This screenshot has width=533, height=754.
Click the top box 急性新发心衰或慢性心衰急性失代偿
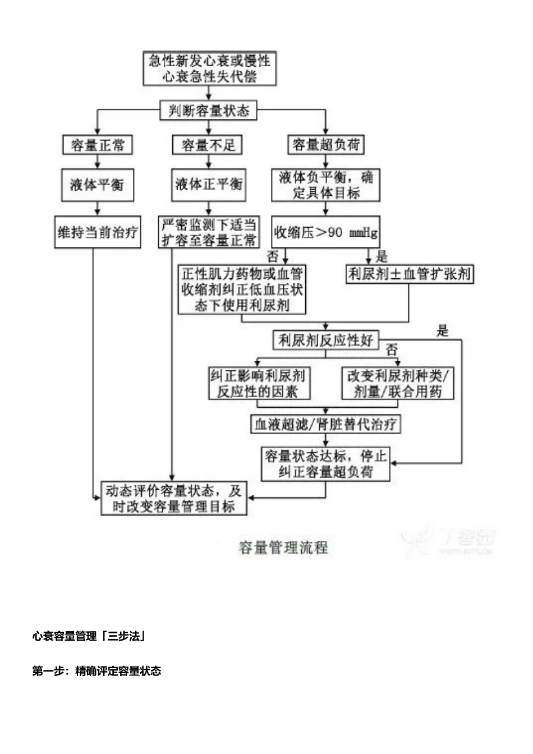coord(209,68)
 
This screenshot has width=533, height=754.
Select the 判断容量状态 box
coord(209,111)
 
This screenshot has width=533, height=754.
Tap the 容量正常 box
coord(98,145)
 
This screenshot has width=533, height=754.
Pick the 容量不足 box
coord(208,145)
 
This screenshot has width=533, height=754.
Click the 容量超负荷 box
coord(326,145)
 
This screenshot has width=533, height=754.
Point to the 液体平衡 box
coord(98,185)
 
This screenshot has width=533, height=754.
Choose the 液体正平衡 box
coord(208,184)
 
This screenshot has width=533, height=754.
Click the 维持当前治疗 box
coord(98,232)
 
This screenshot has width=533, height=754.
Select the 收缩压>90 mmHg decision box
coord(325,232)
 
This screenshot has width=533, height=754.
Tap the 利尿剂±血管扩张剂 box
coord(410,274)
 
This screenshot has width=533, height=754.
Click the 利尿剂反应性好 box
coord(326,340)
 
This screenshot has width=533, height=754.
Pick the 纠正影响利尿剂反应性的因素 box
coord(259,383)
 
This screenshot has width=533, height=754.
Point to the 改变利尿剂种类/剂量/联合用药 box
coord(398,383)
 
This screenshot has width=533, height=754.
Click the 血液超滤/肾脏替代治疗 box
coord(325,424)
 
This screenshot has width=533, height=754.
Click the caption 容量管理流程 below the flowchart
coord(283,548)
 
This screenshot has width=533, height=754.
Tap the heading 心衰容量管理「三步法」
coord(89,636)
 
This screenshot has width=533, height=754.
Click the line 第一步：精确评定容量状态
coord(97,671)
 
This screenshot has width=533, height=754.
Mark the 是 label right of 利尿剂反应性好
coord(443,331)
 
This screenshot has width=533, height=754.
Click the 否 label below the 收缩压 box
coord(273,257)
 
